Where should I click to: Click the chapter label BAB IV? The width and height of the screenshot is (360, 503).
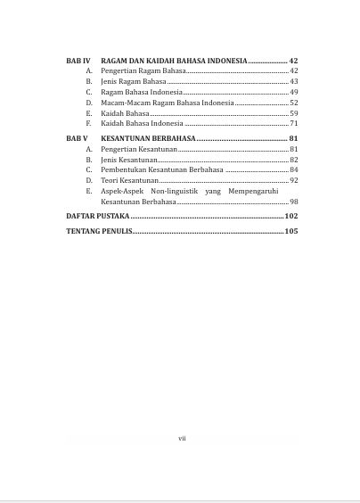click(78, 60)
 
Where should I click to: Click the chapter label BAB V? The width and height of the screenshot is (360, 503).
click(78, 139)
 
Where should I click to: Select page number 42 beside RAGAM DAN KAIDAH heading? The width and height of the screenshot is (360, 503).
click(293, 60)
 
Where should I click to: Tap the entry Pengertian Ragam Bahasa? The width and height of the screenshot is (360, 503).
click(143, 70)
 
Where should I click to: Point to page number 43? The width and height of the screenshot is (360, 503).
click(293, 81)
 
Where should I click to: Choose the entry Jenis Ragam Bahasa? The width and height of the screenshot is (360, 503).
click(134, 81)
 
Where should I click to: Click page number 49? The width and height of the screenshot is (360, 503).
click(293, 92)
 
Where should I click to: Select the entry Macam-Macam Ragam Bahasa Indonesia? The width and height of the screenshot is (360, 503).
click(168, 103)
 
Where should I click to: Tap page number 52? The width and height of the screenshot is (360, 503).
click(293, 103)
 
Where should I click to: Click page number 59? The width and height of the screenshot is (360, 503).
click(293, 113)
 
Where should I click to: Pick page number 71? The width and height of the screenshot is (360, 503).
click(293, 124)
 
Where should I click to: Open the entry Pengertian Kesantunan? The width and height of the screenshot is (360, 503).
click(139, 149)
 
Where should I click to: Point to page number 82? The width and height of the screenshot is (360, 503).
click(293, 160)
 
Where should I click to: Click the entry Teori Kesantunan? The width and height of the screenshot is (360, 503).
click(130, 180)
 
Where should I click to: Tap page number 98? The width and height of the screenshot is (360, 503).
click(293, 202)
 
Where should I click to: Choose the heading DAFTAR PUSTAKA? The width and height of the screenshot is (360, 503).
click(98, 217)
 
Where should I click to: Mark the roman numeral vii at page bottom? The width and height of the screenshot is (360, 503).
click(182, 438)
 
